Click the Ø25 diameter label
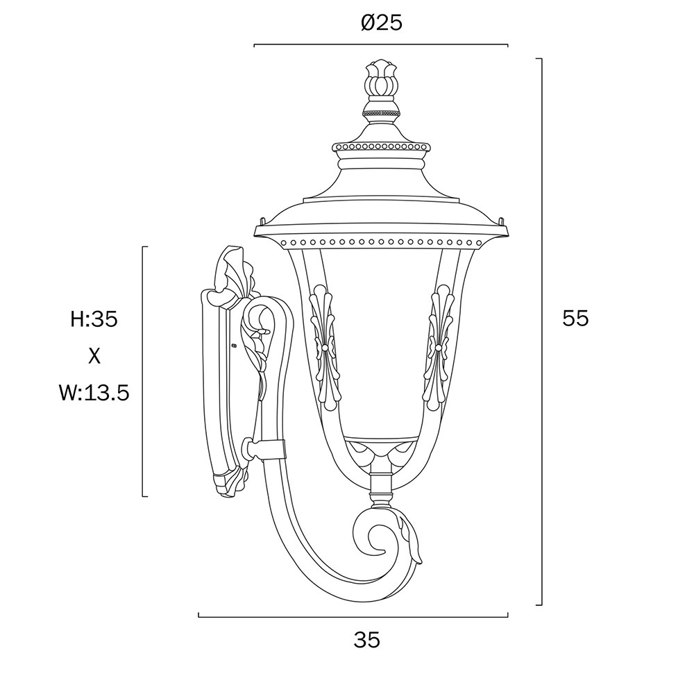click(x=381, y=23)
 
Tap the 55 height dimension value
click(x=575, y=318)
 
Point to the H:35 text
click(x=94, y=319)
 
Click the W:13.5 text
click(x=94, y=392)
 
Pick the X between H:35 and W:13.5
click(x=94, y=355)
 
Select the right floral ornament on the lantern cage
click(x=438, y=348)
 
